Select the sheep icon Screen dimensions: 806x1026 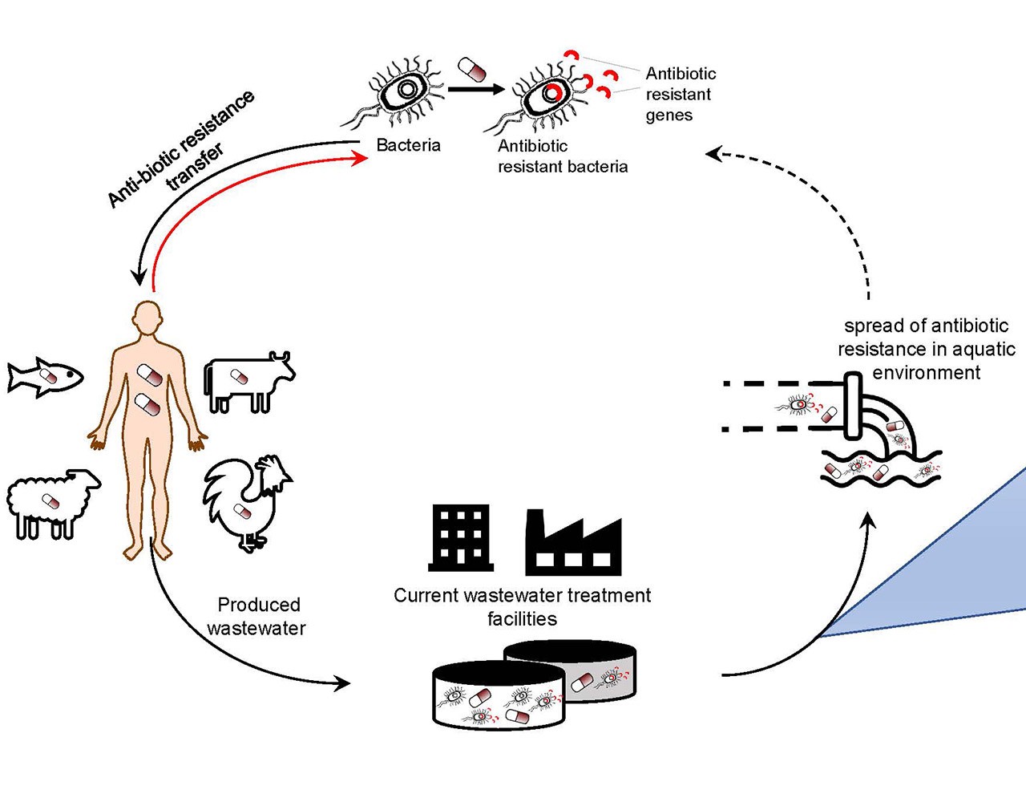point(51,501)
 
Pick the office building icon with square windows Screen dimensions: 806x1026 point(460,537)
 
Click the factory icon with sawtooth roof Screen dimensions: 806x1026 point(573,545)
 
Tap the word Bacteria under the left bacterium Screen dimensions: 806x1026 point(408,145)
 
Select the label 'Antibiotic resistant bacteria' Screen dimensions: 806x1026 point(562,156)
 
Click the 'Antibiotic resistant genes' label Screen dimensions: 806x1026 point(680,95)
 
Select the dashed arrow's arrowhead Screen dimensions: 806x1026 point(713,152)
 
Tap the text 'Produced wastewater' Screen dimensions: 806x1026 point(257,616)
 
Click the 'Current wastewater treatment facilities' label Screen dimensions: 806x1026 point(522,607)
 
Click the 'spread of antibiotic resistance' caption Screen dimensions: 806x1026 point(926,349)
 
